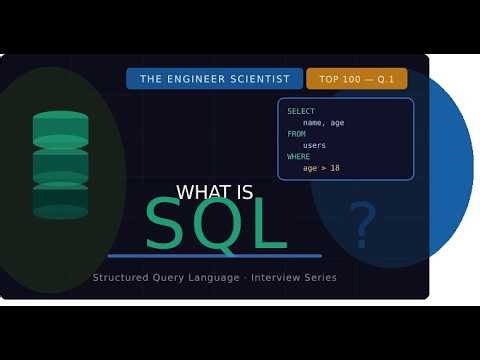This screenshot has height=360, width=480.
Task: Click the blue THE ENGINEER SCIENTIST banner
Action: (214, 79)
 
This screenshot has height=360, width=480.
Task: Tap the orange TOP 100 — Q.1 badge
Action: (356, 79)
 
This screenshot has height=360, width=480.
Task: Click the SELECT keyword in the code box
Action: (301, 111)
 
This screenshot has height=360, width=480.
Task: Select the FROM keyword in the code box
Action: (297, 134)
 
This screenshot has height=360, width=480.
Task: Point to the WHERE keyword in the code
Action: (299, 157)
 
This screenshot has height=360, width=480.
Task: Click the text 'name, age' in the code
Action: (325, 122)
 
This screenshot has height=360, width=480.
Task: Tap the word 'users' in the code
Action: (315, 145)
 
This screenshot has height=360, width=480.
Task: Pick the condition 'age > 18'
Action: (322, 168)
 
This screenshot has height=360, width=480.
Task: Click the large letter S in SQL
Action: (167, 225)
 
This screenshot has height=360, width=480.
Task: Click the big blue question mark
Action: (362, 225)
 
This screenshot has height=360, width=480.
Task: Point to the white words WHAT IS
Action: (214, 193)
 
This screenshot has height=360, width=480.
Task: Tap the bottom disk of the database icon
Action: (61, 200)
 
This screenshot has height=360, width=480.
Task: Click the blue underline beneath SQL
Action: (214, 256)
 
